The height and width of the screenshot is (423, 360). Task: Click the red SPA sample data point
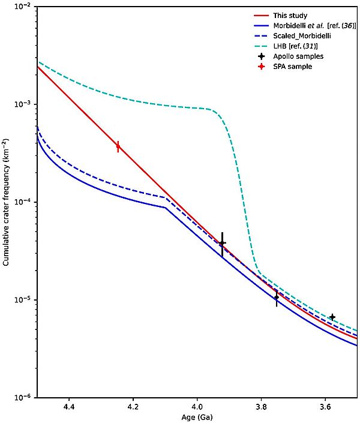point(118,146)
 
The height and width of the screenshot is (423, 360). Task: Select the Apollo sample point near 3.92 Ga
point(222,243)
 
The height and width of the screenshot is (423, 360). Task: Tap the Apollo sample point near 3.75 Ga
point(277,297)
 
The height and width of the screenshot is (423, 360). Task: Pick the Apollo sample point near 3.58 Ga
point(332,317)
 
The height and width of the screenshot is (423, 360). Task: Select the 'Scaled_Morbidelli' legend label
point(308,37)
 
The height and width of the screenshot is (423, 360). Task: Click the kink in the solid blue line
point(166,208)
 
